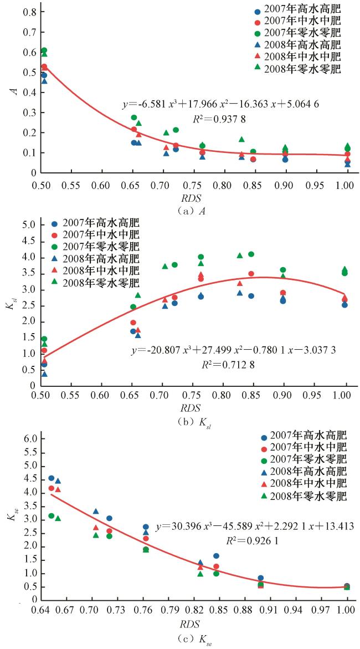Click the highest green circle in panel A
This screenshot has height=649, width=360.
44,50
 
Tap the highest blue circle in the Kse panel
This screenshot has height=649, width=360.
51,478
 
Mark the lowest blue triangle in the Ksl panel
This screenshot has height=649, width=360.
44,374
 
